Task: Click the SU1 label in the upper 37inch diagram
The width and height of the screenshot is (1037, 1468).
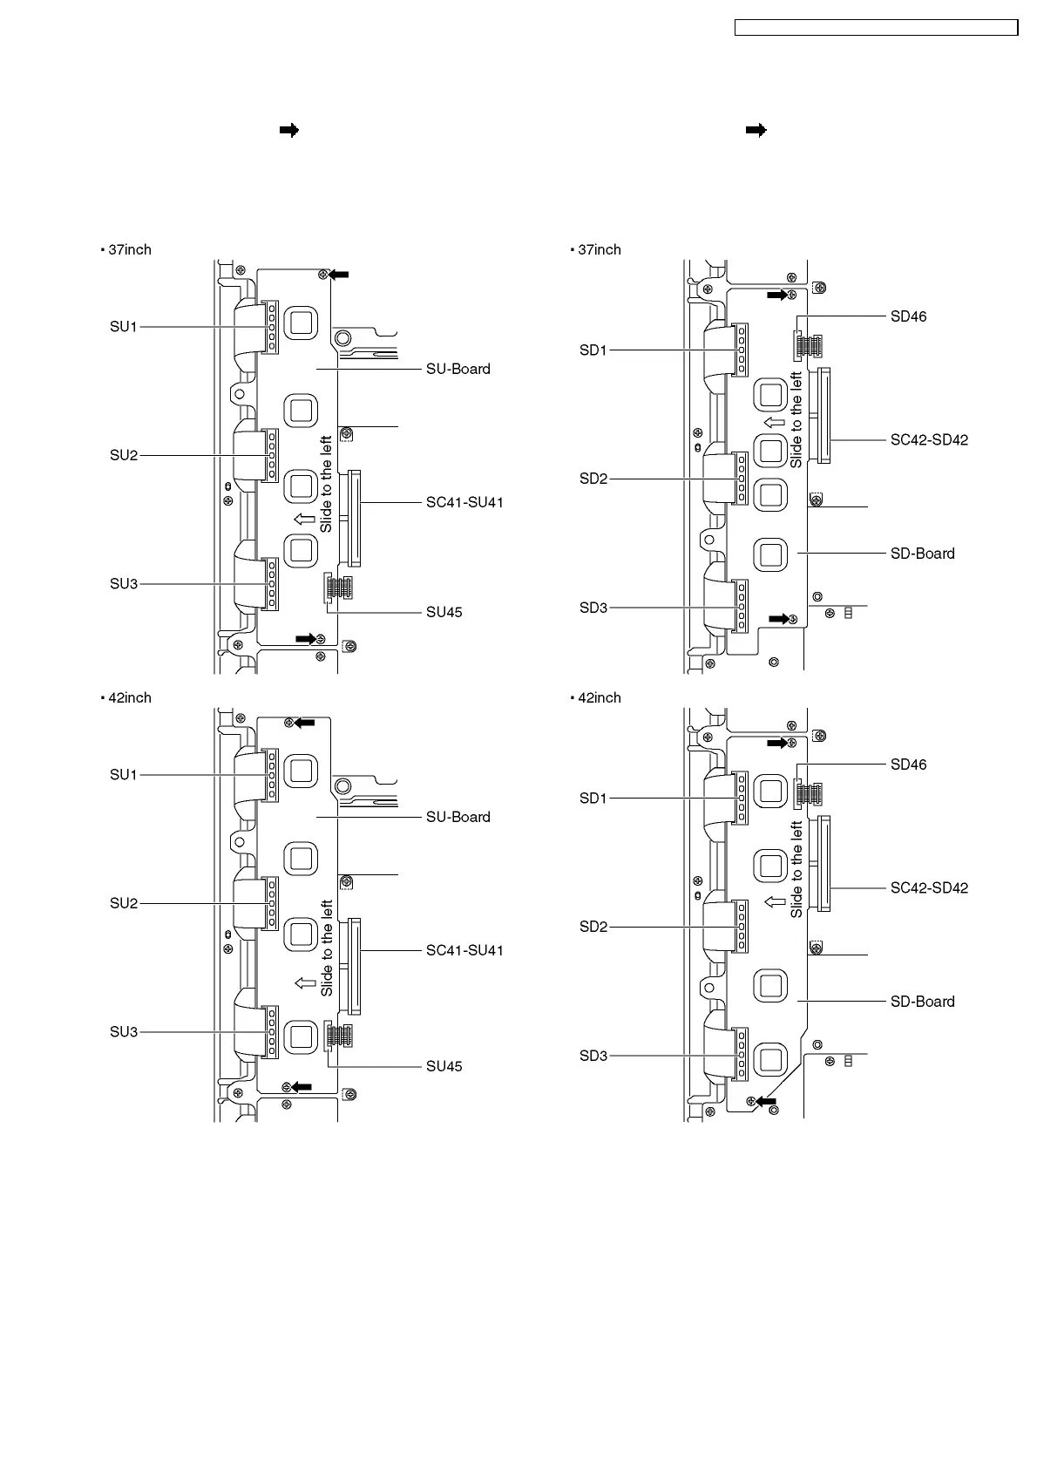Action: coord(124,327)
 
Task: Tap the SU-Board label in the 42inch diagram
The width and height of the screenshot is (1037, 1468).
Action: coord(457,817)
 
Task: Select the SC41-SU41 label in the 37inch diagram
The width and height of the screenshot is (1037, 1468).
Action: coord(464,502)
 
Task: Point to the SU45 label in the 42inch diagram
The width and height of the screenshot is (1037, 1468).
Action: coord(444,1066)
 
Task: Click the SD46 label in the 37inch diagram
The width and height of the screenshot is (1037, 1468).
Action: coord(908,316)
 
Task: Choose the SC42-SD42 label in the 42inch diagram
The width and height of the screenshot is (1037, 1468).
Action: coord(929,887)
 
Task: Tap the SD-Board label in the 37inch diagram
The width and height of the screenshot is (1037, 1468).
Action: coord(922,554)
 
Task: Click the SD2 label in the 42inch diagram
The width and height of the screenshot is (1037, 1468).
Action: coord(593,927)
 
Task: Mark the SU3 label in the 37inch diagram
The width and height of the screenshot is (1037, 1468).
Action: coord(124,583)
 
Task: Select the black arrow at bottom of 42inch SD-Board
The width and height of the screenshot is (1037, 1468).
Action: coord(767,1102)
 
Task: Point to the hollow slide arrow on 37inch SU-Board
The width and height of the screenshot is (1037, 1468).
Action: coord(304,520)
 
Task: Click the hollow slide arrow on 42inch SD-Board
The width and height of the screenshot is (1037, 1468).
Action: coord(774,901)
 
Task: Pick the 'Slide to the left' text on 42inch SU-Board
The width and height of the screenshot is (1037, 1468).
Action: coord(327,948)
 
